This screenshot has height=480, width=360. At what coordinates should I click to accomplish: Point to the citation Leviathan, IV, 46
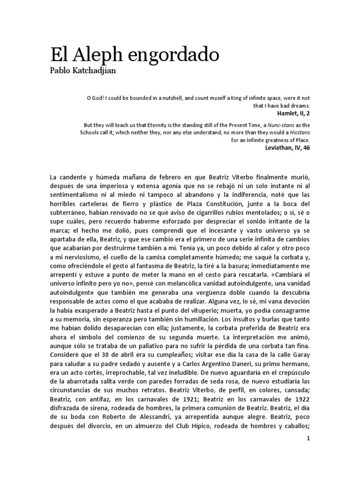pyautogui.click(x=287, y=148)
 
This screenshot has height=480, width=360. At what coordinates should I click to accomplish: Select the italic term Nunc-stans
pyautogui.click(x=276, y=125)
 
